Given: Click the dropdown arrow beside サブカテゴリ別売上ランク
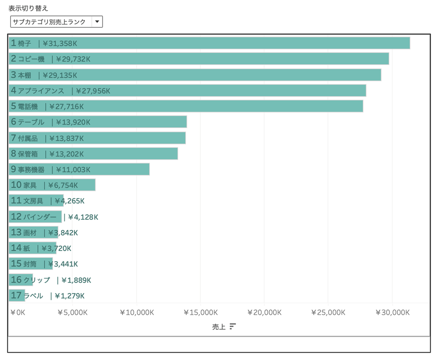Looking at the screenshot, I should [97, 22].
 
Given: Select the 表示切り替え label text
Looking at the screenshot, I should [28, 8].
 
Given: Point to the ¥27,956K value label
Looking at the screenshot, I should [93, 91].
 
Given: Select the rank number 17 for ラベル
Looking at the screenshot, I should [16, 296].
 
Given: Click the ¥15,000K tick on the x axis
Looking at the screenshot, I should [200, 312].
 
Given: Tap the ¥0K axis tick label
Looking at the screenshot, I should [18, 312].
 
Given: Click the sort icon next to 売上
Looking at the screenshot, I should [233, 326].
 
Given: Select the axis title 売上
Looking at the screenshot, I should [219, 327].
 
